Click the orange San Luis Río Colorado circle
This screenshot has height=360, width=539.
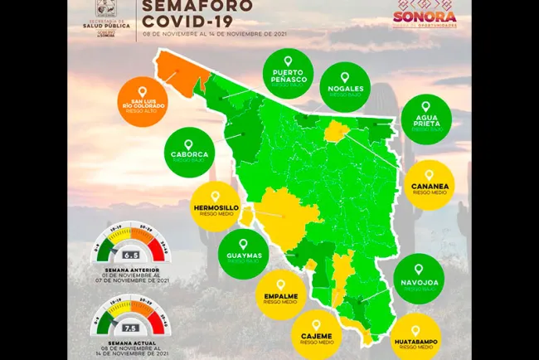coord(143,101)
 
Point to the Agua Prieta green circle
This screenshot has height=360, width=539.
coord(426,118)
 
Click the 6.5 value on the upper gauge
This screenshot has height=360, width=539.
coord(130,256)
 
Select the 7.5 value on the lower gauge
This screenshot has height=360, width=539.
coord(130,328)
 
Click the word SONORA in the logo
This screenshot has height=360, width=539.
coord(424,16)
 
